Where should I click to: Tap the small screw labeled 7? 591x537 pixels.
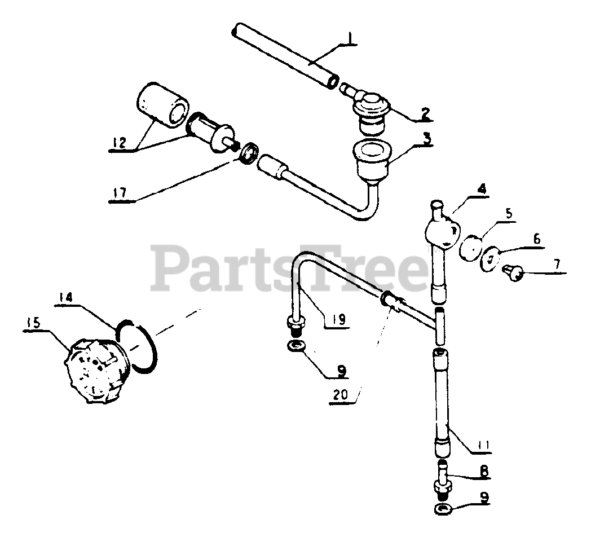pyautogui.click(x=513, y=272)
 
